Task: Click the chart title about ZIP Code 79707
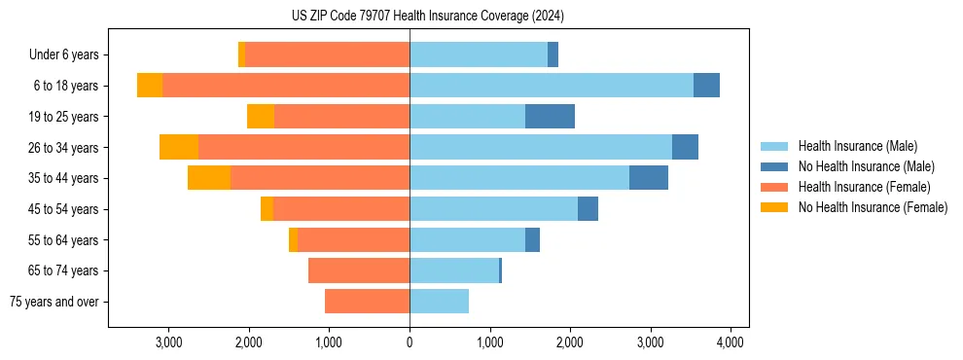point(427,17)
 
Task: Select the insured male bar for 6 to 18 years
point(552,86)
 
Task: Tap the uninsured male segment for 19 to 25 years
point(550,117)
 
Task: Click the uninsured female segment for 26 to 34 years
point(179,147)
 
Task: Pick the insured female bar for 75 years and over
point(367,302)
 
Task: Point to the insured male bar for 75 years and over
point(439,302)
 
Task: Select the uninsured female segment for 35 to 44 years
point(209,178)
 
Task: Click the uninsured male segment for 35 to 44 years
point(649,178)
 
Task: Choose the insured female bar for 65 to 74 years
point(359,270)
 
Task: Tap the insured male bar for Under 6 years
point(479,55)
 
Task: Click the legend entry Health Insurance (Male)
point(856,146)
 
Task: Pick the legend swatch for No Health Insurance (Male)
point(774,166)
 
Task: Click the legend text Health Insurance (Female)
point(865,187)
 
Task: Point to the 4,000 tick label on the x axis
point(731,342)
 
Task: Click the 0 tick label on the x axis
point(410,342)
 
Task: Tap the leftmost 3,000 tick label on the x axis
point(168,342)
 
